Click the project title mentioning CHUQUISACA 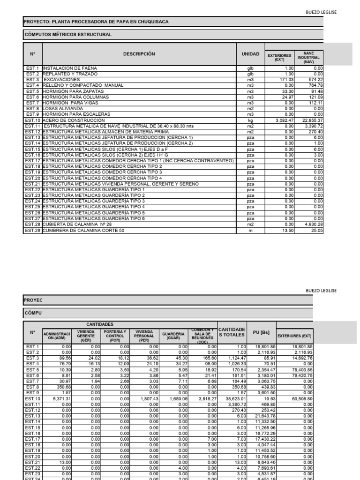click(96, 22)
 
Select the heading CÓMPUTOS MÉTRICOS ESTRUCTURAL click(67, 35)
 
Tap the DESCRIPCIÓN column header click(139, 54)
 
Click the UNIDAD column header click(250, 54)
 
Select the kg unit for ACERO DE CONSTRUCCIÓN click(250, 120)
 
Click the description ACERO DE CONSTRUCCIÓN click(74, 120)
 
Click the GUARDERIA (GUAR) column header click(173, 336)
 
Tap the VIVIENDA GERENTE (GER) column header click(86, 336)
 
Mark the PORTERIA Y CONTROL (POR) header click(115, 336)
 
